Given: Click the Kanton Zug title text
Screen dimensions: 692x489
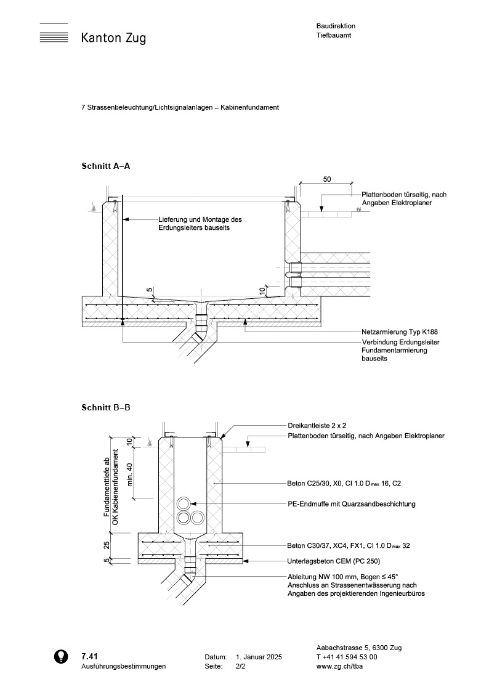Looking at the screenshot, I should pos(113,39).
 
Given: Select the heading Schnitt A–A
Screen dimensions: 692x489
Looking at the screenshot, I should pos(105,166).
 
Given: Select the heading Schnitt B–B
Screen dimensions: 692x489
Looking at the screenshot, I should pos(105,407).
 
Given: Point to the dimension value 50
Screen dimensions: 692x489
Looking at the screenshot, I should pos(327,179).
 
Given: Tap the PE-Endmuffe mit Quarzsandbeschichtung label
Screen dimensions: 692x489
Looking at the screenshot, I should pos(351,503).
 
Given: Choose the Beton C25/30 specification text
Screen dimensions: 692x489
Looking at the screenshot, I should pos(348,484).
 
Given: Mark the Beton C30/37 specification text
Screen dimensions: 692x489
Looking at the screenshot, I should pos(348,545).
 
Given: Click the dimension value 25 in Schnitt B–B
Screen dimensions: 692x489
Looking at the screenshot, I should pos(107,545).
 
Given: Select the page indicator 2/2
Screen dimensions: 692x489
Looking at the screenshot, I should pos(240,666).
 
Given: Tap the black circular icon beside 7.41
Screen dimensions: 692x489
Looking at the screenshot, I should pos(60,657).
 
